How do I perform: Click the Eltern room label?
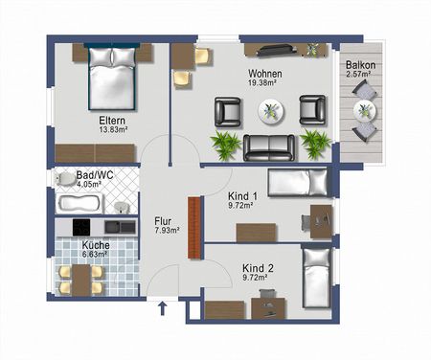pyautogui.click(x=112, y=121)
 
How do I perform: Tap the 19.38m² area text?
pyautogui.click(x=263, y=83)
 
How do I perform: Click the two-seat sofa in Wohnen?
pyautogui.click(x=269, y=146)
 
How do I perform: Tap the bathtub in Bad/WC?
pyautogui.click(x=81, y=203)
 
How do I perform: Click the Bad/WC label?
pyautogui.click(x=76, y=176)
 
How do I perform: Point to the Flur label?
pyautogui.click(x=163, y=220)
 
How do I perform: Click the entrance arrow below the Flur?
pyautogui.click(x=162, y=308)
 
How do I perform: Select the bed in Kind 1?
pyautogui.click(x=298, y=183)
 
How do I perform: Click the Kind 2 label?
pyautogui.click(x=258, y=267)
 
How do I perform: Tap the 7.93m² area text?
pyautogui.click(x=168, y=231)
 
